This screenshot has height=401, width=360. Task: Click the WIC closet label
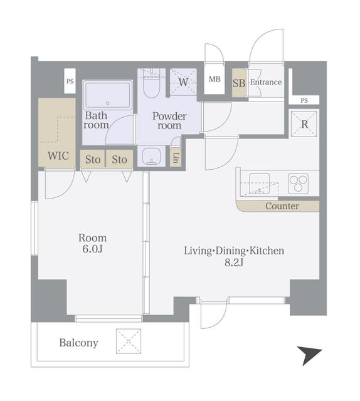point(58,155)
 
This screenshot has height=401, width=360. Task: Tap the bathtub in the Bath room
point(107,95)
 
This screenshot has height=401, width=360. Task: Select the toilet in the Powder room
point(151,84)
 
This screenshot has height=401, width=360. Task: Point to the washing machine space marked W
point(183,82)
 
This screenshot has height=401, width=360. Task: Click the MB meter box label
point(214,79)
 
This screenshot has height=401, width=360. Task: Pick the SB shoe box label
point(239,83)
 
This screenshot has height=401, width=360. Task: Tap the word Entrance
point(266,82)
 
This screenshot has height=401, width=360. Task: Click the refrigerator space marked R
point(304,124)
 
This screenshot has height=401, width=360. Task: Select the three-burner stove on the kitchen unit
point(298,184)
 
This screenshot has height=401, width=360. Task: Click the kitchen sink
point(260,184)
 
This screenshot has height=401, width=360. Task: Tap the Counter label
point(282,206)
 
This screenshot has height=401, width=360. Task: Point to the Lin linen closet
point(176,158)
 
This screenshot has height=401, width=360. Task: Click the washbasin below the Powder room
point(151,156)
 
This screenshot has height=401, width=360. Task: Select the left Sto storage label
point(93,160)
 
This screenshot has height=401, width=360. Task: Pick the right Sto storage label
point(119,160)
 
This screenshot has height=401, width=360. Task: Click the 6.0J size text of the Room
point(92,249)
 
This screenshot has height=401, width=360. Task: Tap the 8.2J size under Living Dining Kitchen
point(234,263)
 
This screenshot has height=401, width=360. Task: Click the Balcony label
point(78,343)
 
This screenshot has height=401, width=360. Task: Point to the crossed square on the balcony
point(129,341)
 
